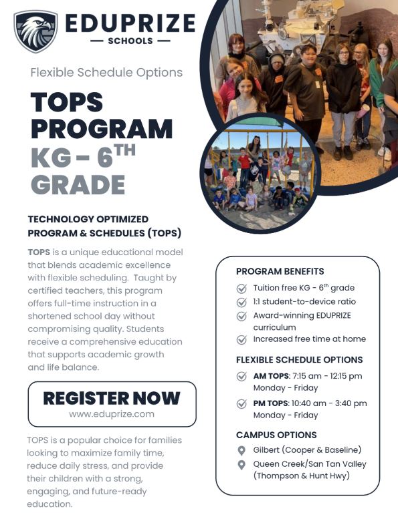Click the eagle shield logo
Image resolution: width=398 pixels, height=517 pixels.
click(35, 31)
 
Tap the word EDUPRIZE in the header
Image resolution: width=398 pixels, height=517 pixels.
click(130, 23)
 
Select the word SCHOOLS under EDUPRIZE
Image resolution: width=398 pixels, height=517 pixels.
click(130, 41)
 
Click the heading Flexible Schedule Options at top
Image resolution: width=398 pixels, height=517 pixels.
click(106, 73)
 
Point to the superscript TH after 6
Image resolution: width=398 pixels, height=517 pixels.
click(125, 150)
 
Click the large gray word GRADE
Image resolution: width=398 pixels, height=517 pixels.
click(78, 184)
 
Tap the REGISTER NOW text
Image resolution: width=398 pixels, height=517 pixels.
click(112, 398)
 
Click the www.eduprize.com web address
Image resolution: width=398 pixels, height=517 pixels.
click(112, 414)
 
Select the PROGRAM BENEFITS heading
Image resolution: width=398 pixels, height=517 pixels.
click(280, 271)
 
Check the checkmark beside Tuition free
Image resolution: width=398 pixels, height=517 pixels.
click(241, 289)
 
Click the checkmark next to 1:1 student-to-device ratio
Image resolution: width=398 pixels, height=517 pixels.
click(241, 302)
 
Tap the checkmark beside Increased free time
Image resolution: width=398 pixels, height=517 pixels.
click(241, 339)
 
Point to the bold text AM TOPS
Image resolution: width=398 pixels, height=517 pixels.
click(271, 376)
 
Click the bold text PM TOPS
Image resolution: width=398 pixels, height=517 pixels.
click(271, 403)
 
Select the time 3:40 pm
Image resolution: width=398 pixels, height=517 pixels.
click(351, 403)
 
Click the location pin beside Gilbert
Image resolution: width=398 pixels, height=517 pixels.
click(241, 451)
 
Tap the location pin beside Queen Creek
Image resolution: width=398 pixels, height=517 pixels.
click(241, 465)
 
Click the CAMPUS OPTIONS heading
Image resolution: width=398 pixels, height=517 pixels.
click(276, 436)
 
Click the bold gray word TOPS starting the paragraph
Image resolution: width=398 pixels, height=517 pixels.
click(39, 252)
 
